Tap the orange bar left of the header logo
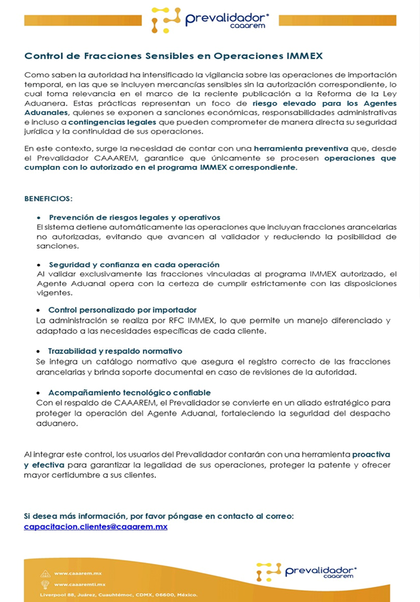[83, 20]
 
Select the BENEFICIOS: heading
[48, 198]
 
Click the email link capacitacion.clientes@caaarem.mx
[96, 526]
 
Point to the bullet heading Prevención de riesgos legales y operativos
[134, 217]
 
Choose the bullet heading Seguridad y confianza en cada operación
[134, 265]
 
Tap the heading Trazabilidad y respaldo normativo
[115, 351]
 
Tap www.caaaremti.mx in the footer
[80, 584]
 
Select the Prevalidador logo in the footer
[306, 572]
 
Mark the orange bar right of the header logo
[338, 20]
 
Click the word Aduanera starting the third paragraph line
[40, 103]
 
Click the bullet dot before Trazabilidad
[40, 351]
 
